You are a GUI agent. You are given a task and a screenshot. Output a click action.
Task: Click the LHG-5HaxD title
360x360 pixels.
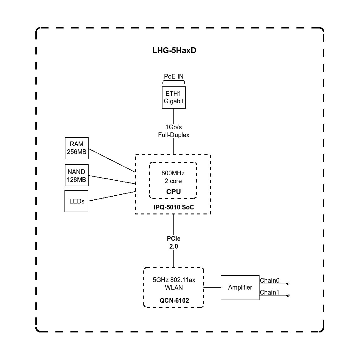coord(174,50)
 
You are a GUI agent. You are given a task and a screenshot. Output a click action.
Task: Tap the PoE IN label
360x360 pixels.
coord(173,76)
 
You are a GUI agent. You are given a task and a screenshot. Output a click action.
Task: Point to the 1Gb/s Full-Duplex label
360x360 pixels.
coord(173,131)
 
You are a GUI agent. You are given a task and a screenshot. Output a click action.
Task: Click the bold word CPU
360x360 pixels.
coord(173,192)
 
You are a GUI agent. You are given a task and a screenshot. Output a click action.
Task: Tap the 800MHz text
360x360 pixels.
coord(173,173)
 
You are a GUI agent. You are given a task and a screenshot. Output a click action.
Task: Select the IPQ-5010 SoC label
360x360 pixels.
coord(174,207)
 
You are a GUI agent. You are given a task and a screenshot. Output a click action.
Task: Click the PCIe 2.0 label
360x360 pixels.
coord(173,242)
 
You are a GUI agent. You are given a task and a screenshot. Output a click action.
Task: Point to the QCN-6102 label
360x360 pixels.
coord(174,300)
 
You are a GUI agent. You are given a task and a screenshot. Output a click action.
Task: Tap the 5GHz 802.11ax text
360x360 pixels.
coord(174,280)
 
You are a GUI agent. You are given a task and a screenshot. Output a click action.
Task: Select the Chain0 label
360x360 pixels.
coord(270,280)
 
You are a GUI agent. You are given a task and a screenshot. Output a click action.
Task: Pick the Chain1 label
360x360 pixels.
coord(270,292)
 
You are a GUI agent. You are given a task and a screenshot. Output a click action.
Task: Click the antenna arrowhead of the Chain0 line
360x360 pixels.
coord(288,284)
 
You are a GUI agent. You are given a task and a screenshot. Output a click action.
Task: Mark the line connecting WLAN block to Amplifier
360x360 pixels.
coord(212,287)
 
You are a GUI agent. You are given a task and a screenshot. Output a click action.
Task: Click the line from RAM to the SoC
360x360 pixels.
coord(112,160)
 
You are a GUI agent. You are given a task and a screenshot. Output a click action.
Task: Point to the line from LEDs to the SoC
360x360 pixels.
coord(112,196)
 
